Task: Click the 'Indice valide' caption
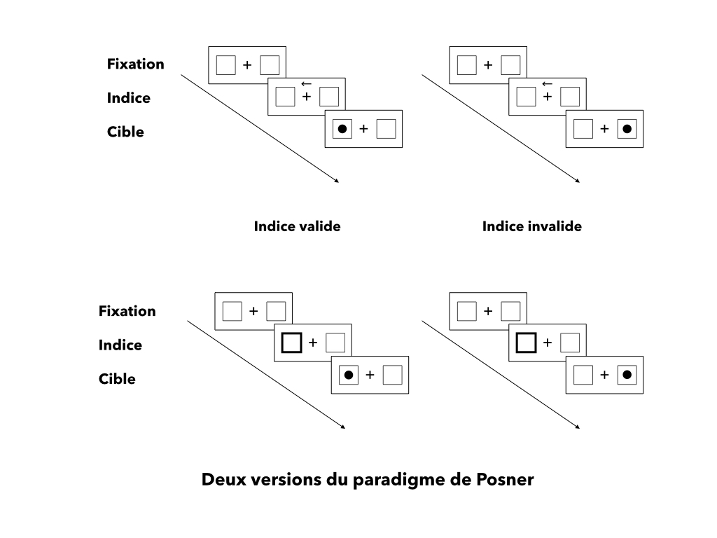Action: pos(297,226)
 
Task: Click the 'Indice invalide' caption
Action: pos(531,226)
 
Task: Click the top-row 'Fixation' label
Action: pos(135,64)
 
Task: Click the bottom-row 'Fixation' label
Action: pos(127,311)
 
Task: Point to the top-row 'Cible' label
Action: pos(125,132)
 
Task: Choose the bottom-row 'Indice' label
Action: pos(120,345)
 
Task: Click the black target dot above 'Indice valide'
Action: pos(342,129)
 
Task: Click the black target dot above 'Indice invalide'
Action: pos(627,129)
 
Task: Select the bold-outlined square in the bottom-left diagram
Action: pos(291,343)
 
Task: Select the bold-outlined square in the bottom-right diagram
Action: pos(526,343)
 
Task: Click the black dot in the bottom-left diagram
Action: pos(349,375)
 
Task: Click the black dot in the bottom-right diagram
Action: pos(627,375)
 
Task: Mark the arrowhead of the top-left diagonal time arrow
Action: pos(337,181)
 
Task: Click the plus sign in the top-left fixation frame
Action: pos(247,65)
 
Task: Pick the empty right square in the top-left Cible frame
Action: pos(386,129)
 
